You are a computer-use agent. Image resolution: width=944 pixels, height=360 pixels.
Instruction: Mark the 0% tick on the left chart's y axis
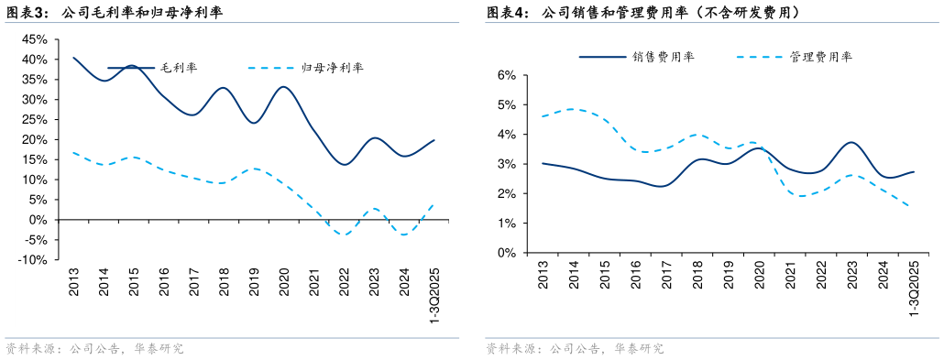coord(38,220)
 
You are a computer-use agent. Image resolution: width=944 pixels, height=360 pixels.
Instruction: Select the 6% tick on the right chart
coord(505,75)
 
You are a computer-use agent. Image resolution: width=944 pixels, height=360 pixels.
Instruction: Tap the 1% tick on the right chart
coord(505,224)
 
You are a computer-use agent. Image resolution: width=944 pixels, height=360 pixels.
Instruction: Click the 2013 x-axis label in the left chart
coord(74,281)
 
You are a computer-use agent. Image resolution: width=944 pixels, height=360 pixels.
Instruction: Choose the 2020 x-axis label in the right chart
coord(759,276)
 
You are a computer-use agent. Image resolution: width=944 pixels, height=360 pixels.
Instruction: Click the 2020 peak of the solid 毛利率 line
coord(283,87)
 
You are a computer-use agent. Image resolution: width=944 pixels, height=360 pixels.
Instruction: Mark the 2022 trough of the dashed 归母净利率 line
coord(344,235)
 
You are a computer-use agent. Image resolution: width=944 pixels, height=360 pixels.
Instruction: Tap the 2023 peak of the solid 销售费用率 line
coord(851,142)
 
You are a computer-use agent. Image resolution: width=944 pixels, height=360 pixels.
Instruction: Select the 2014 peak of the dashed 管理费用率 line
coord(574,109)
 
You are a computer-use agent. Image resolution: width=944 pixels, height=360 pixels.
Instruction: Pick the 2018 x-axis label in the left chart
coord(225,281)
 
